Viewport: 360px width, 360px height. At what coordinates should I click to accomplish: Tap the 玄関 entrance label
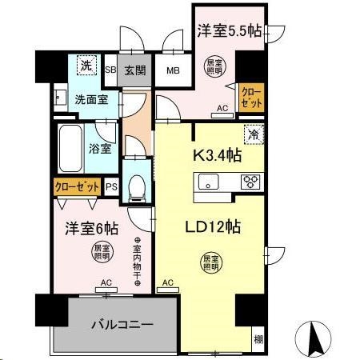coord(134,69)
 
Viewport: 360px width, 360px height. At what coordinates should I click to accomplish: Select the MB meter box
coord(171,70)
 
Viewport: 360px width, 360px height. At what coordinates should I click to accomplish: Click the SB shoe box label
coord(111,70)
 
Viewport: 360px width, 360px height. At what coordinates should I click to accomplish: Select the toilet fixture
coord(137,184)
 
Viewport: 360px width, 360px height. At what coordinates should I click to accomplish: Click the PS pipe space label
coord(111,186)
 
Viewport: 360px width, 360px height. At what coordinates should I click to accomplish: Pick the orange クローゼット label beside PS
coord(77,186)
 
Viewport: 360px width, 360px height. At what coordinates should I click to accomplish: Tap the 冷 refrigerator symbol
coord(254,136)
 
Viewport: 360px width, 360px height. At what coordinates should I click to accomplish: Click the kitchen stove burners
coord(250,181)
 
